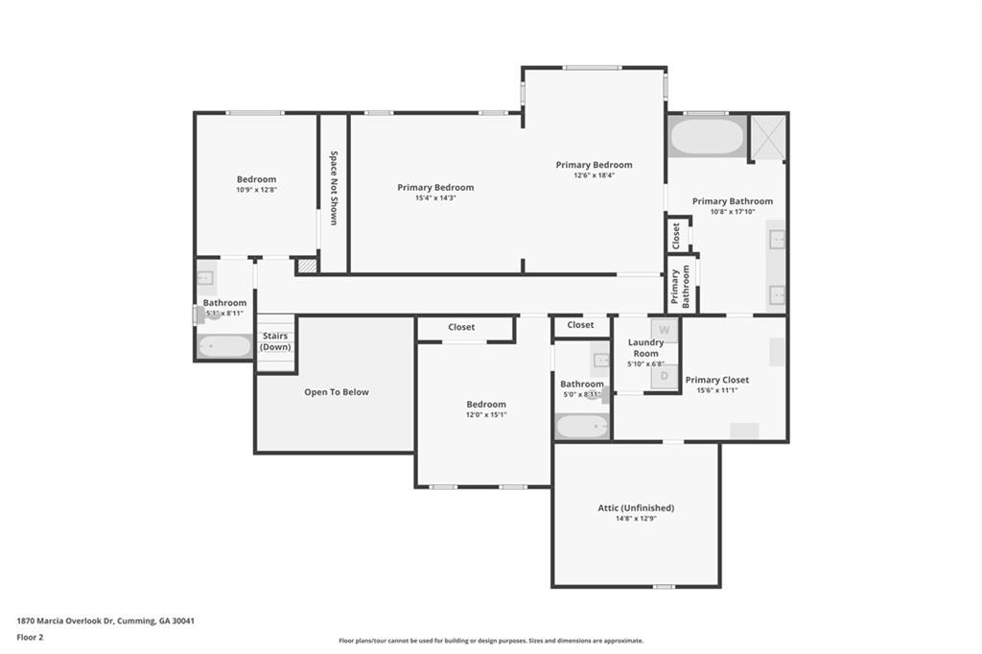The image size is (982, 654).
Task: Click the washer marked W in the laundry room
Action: [664, 330]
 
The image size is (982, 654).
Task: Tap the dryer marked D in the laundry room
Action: [664, 377]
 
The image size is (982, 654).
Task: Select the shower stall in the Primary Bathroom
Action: [767, 138]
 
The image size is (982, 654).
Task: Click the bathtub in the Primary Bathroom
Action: [707, 136]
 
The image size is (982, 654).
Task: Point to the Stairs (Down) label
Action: [275, 341]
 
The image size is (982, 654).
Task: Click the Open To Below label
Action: [337, 392]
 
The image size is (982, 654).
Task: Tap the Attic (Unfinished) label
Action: [636, 508]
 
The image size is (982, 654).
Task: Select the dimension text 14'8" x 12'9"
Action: [636, 519]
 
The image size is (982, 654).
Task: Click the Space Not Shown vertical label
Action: [334, 188]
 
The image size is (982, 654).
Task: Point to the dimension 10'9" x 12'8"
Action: [256, 190]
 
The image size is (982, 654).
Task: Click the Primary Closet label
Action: [717, 380]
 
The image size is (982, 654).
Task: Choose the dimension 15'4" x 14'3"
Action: [435, 198]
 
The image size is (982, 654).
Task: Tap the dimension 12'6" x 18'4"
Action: [594, 175]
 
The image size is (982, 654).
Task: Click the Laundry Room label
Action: [645, 348]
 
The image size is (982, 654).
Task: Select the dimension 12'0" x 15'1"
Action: [486, 414]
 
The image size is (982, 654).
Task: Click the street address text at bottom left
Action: [105, 621]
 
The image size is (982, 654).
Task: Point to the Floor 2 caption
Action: [30, 638]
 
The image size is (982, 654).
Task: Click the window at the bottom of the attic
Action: [664, 587]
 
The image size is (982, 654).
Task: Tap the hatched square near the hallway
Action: [306, 267]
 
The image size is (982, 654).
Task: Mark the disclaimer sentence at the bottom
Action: [491, 641]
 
